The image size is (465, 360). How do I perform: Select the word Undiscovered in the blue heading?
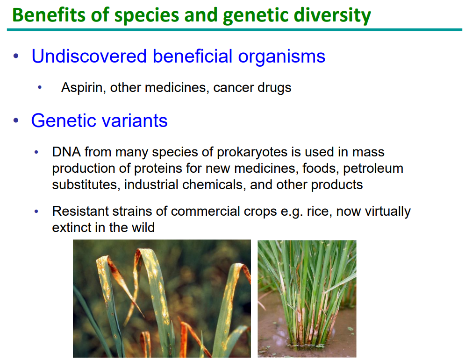(x=89, y=56)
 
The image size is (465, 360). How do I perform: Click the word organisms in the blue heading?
(x=282, y=57)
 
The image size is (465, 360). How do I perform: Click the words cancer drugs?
(x=252, y=88)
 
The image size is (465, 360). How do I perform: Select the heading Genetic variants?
(x=100, y=120)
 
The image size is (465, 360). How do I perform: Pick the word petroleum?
(x=373, y=169)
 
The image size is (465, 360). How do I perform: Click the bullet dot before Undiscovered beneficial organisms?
(x=16, y=56)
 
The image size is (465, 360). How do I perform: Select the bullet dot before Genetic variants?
(x=16, y=120)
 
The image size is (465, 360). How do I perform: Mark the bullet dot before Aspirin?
(x=40, y=87)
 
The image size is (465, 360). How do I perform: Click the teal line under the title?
(x=234, y=29)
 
